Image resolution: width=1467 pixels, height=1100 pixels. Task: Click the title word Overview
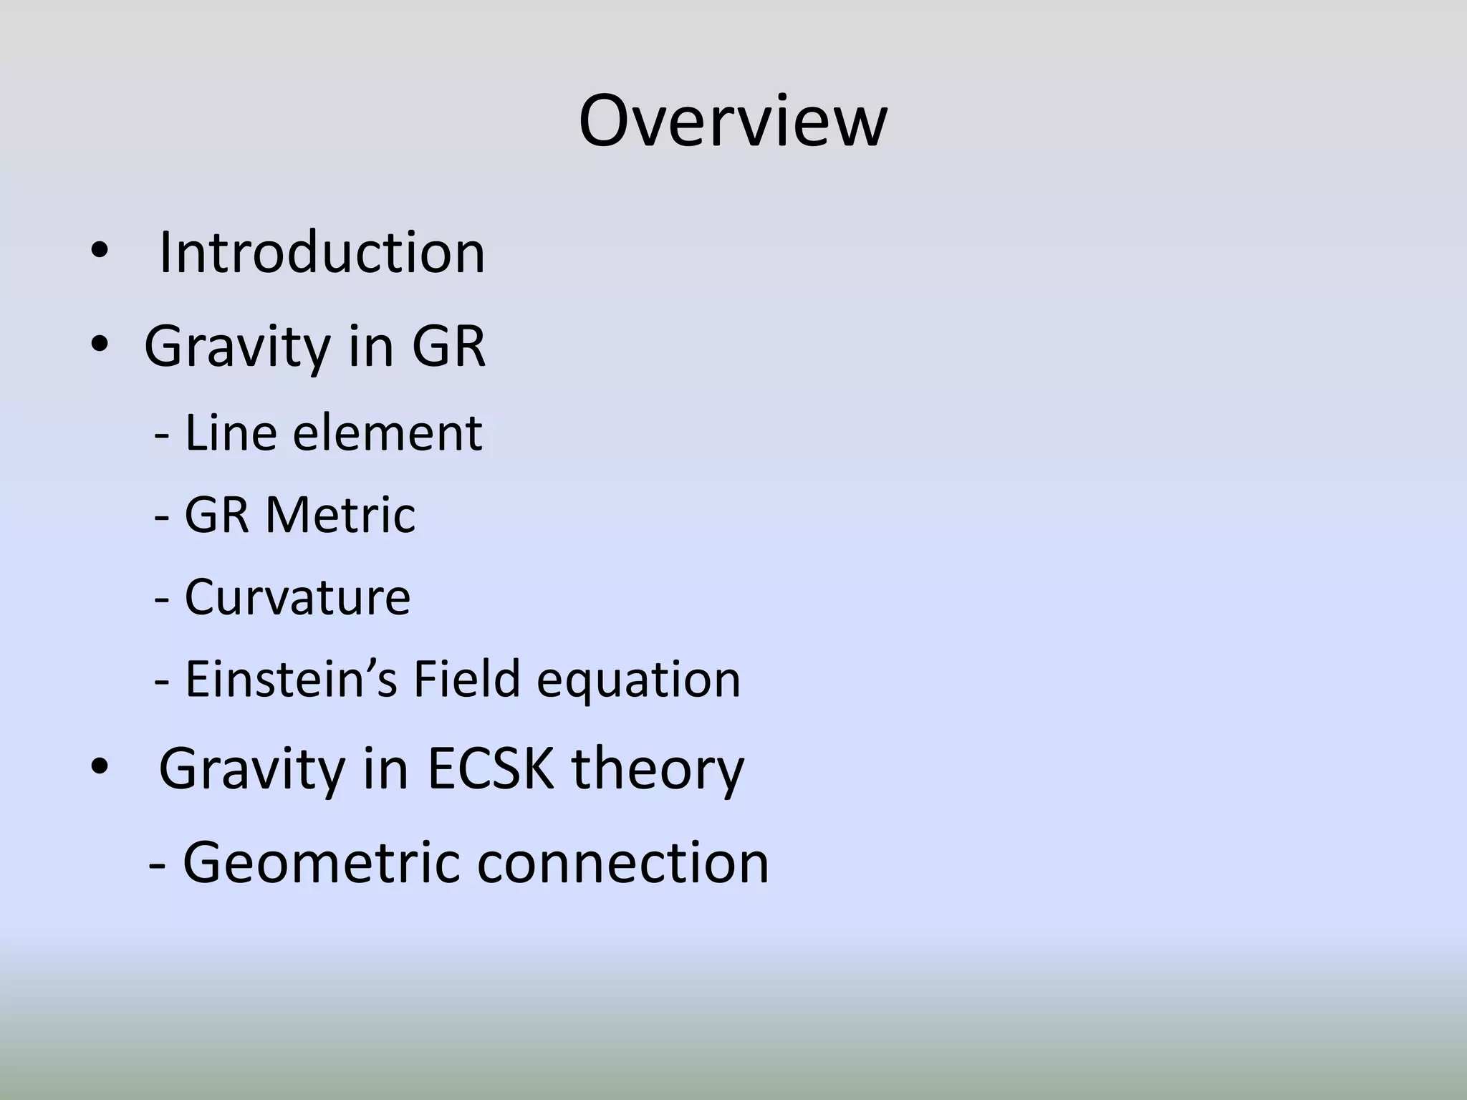[x=732, y=122]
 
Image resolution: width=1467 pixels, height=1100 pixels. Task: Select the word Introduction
[x=322, y=253]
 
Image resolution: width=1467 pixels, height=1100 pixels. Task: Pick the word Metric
[x=340, y=515]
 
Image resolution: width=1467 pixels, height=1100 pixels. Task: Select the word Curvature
[x=297, y=597]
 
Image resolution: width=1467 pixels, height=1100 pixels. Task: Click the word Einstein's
[x=291, y=679]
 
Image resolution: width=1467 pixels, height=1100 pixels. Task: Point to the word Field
[x=466, y=679]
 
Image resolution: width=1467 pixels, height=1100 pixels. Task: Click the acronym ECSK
[x=491, y=769]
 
